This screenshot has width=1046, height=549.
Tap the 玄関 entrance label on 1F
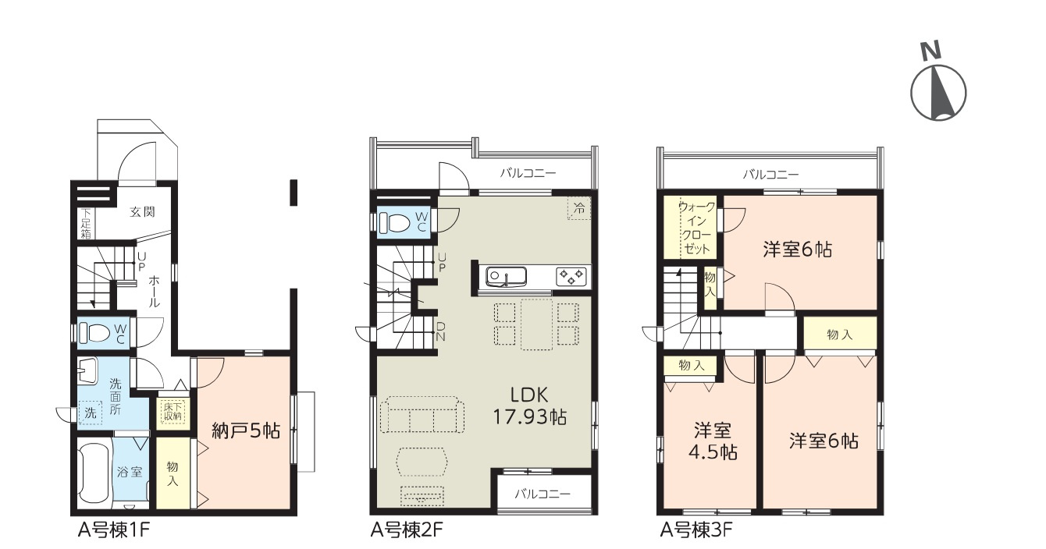point(142,212)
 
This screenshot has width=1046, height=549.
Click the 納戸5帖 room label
point(246,430)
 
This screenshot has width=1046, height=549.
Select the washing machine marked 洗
point(90,413)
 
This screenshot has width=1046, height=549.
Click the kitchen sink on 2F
point(506,277)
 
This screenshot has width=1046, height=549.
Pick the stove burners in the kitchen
point(571,276)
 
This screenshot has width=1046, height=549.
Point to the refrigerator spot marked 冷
point(579,208)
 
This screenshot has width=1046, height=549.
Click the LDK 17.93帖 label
point(530,406)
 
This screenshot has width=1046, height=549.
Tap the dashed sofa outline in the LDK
point(422,415)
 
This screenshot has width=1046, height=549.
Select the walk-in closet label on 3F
point(696,228)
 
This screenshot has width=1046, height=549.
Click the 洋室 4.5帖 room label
point(713,441)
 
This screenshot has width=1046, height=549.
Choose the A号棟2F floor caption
point(406,530)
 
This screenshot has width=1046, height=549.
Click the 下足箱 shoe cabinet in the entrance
point(85,223)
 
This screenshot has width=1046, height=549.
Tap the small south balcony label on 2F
point(543,494)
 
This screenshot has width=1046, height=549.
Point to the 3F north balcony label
point(771,175)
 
